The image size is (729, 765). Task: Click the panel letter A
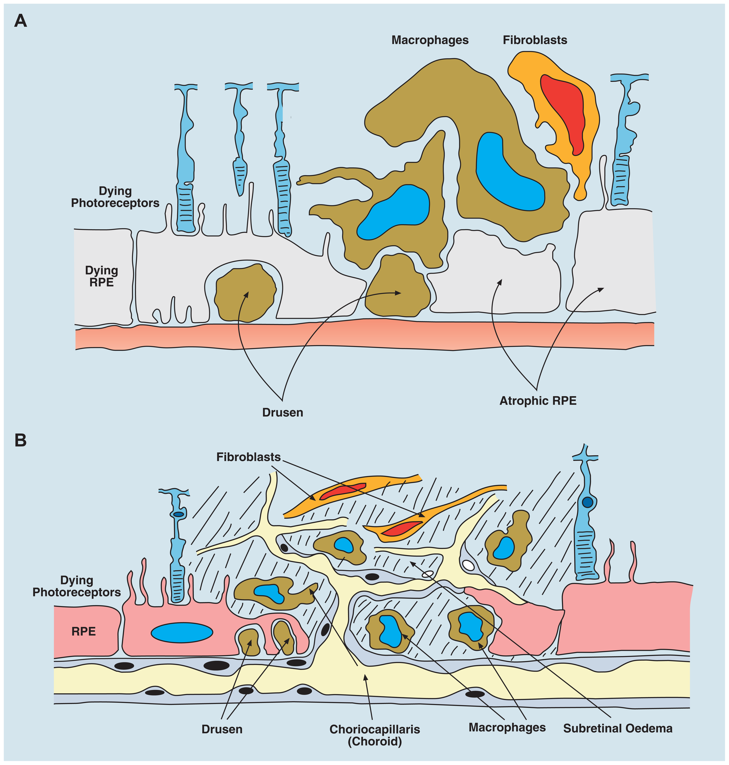(x=20, y=21)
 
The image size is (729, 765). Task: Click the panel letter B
(x=20, y=440)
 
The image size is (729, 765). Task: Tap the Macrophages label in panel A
(x=430, y=40)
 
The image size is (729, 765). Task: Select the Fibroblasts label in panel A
(x=535, y=40)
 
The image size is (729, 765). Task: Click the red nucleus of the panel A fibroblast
(x=563, y=113)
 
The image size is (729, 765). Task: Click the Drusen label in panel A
(x=283, y=412)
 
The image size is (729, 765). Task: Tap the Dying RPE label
(x=101, y=276)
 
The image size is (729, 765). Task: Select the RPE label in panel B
(x=84, y=631)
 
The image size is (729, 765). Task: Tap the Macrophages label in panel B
(x=507, y=727)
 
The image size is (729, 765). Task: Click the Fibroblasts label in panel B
(x=248, y=457)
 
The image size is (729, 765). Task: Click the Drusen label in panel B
(x=222, y=729)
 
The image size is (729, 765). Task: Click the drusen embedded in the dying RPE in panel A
(x=245, y=293)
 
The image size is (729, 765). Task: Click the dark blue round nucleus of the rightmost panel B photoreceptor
(x=587, y=502)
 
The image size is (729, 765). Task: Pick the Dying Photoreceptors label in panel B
(x=77, y=586)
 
